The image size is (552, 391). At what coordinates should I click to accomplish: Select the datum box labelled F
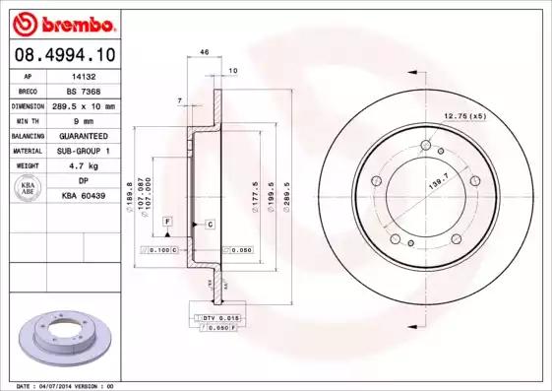[167, 221]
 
